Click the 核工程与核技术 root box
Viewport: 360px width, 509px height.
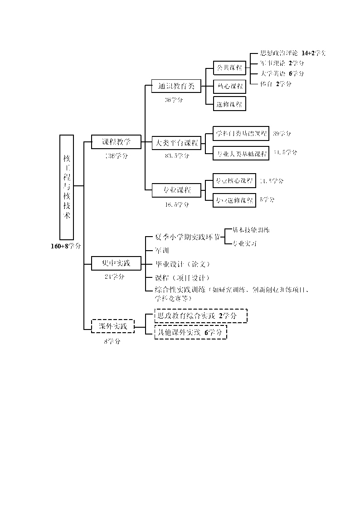(67, 187)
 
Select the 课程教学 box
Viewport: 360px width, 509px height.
(116, 142)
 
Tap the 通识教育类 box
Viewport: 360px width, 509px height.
(175, 86)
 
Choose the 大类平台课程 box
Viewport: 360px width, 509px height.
(176, 143)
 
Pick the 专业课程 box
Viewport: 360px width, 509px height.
(176, 190)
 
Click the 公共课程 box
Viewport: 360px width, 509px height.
(229, 68)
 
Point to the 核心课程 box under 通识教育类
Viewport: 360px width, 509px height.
(229, 86)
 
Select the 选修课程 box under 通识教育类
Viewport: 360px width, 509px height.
(229, 104)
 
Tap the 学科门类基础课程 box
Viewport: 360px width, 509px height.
(241, 134)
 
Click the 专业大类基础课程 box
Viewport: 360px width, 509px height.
(241, 153)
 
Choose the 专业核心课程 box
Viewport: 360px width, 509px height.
(234, 181)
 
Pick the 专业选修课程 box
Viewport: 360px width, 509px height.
(234, 200)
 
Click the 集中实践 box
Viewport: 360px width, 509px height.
(116, 263)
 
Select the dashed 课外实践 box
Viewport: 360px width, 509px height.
(113, 326)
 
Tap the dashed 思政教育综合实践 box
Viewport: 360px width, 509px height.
(201, 316)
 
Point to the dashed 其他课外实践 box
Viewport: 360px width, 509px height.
(190, 332)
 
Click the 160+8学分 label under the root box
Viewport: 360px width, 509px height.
(66, 246)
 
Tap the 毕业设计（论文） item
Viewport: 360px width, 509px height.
(182, 264)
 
